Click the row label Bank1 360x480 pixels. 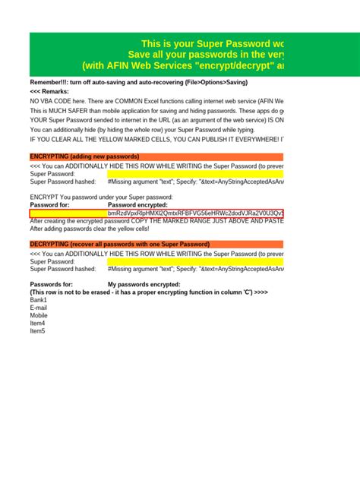click(x=39, y=300)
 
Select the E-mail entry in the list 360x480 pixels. click(x=39, y=308)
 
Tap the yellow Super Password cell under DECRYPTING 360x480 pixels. click(x=195, y=261)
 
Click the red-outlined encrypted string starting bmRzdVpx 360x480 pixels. click(x=195, y=213)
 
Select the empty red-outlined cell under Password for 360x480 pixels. click(x=68, y=213)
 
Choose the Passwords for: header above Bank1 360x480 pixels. click(x=52, y=284)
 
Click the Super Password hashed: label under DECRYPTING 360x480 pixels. click(x=63, y=269)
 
